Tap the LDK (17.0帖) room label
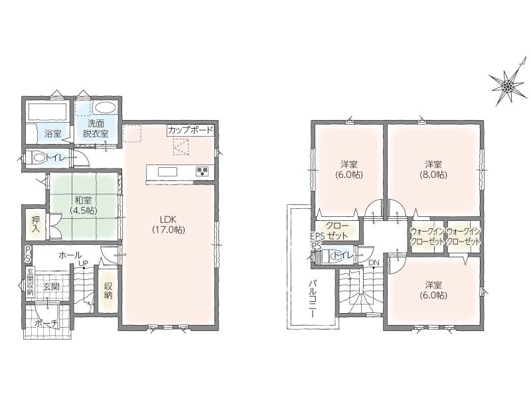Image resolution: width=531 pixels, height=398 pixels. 169,224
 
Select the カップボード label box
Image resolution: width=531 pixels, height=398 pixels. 190,130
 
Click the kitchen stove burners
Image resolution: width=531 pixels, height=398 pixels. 202,172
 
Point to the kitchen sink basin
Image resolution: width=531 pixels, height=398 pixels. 167,172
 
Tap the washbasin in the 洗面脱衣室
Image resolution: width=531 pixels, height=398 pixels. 106,108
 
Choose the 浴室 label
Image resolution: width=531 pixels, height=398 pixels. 53,133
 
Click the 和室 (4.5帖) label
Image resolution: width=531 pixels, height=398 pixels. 84,205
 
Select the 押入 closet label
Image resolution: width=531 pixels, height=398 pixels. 36,224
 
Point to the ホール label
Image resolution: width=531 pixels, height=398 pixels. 70,255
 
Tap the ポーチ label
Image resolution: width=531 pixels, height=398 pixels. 46,324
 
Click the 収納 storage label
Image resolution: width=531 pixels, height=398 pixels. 108,291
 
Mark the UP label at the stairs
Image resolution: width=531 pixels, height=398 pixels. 84,263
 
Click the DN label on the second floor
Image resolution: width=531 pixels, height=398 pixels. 374,263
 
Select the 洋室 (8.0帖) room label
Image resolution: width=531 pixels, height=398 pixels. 434,170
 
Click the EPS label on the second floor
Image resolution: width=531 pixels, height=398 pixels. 318,236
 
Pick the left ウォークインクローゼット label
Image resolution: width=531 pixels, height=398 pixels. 427,237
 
